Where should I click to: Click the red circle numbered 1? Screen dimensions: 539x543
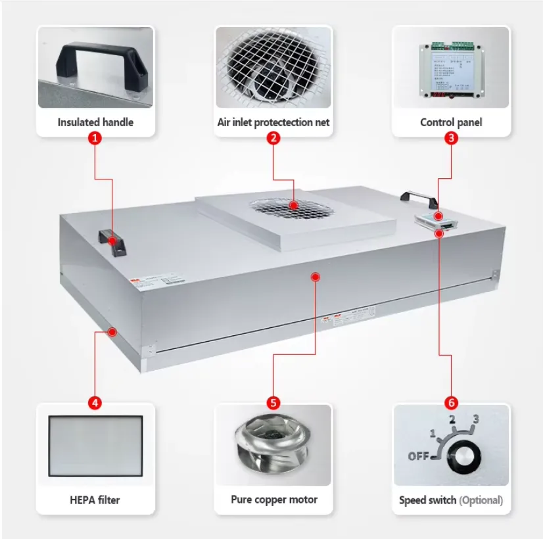95,139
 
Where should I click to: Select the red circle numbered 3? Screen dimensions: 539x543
451,139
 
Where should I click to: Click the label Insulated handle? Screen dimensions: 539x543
95,122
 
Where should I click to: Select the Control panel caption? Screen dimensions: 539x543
451,122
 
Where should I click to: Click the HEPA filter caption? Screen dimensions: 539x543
95,500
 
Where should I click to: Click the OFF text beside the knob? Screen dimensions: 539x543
419,456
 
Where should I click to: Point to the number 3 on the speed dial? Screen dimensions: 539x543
476,419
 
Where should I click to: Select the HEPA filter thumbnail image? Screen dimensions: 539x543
95,446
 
